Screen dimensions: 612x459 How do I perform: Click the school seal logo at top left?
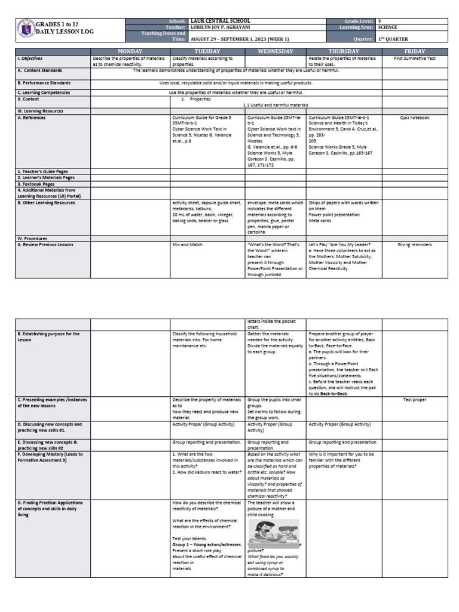click(x=24, y=30)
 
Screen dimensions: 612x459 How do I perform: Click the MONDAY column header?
click(x=130, y=52)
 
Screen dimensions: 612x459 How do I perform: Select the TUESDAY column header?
click(x=207, y=52)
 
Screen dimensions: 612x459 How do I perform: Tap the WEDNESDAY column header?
click(x=276, y=52)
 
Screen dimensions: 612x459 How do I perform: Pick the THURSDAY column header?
click(x=344, y=52)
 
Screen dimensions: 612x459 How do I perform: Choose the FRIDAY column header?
click(x=415, y=52)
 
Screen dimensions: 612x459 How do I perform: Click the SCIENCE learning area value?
click(x=388, y=27)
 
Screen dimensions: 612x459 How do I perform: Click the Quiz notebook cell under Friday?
click(x=415, y=118)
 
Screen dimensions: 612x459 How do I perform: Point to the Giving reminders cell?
click(x=415, y=244)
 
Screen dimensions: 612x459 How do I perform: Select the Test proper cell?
click(x=415, y=399)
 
